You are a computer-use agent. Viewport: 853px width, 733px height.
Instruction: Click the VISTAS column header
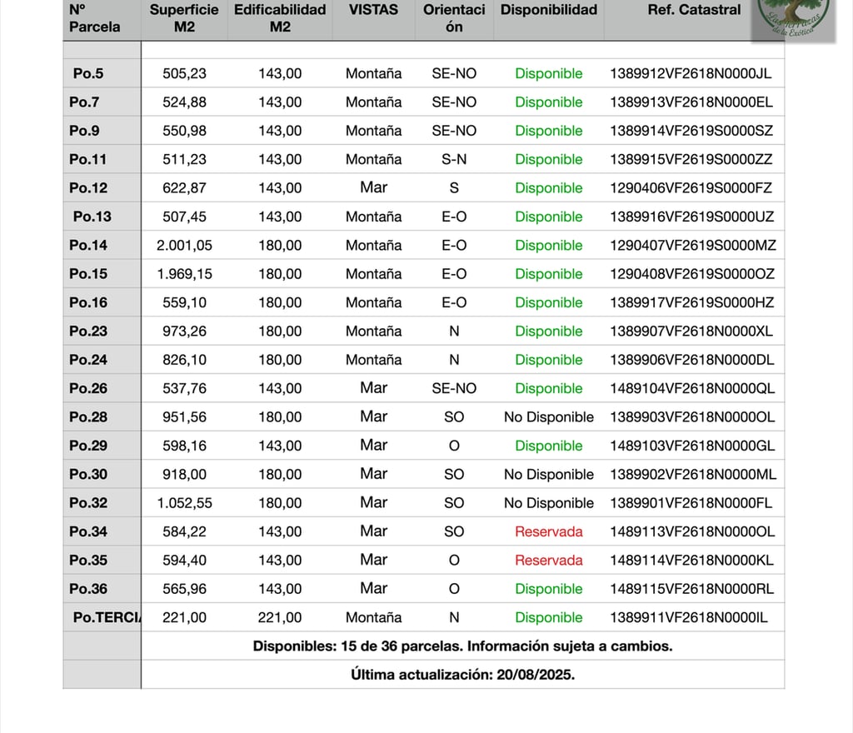pos(373,10)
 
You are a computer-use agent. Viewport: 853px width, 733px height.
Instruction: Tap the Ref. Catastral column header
pos(693,10)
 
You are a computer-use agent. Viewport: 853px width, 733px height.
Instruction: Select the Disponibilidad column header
pos(548,10)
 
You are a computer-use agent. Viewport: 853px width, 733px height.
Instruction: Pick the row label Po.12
pos(88,188)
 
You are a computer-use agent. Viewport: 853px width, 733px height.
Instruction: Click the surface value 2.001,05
pos(184,246)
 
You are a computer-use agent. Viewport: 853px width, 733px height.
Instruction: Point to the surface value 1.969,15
pos(184,274)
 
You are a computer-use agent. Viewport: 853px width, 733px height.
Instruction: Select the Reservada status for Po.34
pos(548,531)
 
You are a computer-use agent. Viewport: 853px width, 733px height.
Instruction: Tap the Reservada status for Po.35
pos(548,561)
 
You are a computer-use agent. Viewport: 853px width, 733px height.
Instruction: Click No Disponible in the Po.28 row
pos(548,417)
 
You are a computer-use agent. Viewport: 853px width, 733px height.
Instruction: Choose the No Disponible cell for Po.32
pos(548,503)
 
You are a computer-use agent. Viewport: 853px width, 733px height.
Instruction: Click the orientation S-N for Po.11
pos(454,160)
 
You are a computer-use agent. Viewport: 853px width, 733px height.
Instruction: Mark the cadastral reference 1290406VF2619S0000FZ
pos(691,188)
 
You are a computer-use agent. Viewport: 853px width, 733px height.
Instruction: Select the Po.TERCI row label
pos(107,618)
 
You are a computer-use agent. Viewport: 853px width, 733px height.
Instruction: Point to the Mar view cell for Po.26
pos(373,388)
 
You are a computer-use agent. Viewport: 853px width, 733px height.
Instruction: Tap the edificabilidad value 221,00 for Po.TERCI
pos(280,618)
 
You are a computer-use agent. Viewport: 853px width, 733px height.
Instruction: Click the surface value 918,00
pos(184,475)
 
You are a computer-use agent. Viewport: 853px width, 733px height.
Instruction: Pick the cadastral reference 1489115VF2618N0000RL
pos(691,589)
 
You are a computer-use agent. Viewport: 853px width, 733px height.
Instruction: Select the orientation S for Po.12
pos(454,188)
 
